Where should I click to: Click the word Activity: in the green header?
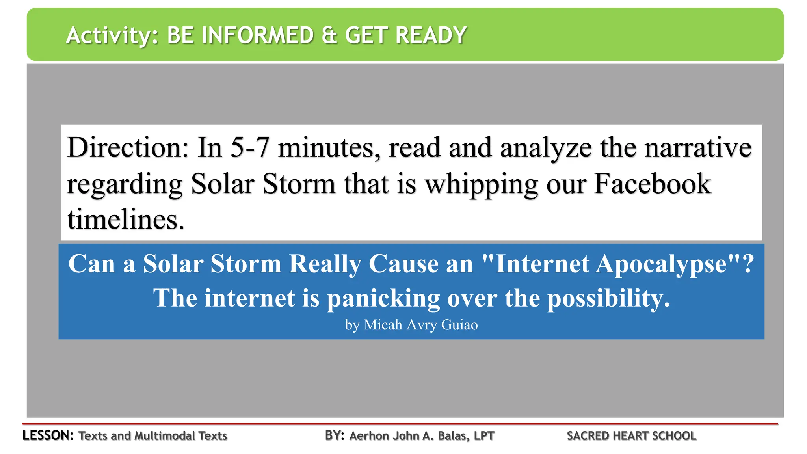(x=112, y=35)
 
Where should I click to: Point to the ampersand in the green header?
(x=329, y=35)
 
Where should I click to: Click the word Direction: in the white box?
(x=128, y=147)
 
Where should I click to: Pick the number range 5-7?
(x=250, y=147)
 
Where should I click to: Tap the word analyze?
(x=546, y=148)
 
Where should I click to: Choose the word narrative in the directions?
(x=698, y=147)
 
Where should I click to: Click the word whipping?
(x=482, y=184)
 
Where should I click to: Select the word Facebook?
(x=653, y=184)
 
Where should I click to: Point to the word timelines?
(x=125, y=219)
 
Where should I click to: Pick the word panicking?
(x=383, y=299)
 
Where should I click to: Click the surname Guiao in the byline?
(x=459, y=325)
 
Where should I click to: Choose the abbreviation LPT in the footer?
(x=484, y=436)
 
